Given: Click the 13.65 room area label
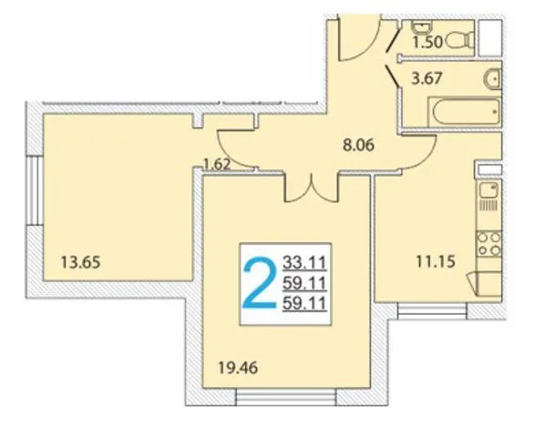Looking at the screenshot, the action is (80, 263).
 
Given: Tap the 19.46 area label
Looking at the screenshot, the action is (238, 368).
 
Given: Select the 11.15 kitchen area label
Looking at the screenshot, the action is (436, 262).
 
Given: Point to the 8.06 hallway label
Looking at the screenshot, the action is (358, 146).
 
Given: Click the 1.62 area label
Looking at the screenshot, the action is (217, 165).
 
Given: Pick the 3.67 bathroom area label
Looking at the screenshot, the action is (426, 78).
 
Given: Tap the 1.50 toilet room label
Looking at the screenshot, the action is (427, 43).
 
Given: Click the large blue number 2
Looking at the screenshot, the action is (260, 284).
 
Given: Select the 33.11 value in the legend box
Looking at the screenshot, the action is (304, 263).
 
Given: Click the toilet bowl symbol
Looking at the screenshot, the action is (459, 40).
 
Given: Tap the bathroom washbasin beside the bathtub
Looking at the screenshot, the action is (492, 79).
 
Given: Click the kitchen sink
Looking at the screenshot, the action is (488, 189).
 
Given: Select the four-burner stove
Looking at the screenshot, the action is (488, 244).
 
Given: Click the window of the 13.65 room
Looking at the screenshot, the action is (34, 190).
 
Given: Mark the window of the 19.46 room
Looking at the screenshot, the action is (286, 398).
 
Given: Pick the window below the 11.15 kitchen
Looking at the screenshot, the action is (432, 311).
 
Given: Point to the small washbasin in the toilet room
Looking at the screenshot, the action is (422, 26).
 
